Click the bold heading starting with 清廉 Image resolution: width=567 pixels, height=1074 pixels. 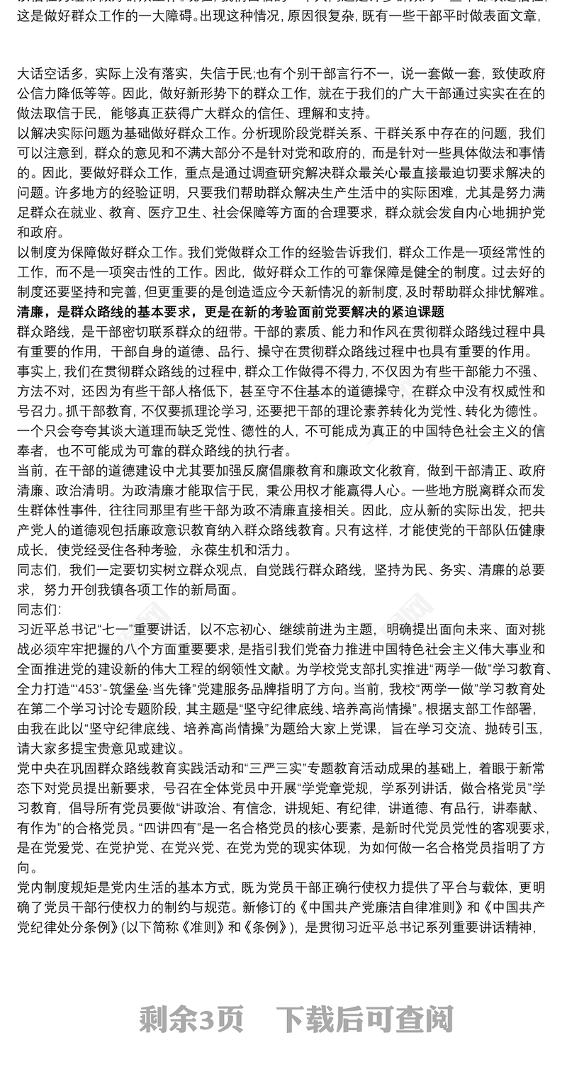point(230,312)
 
